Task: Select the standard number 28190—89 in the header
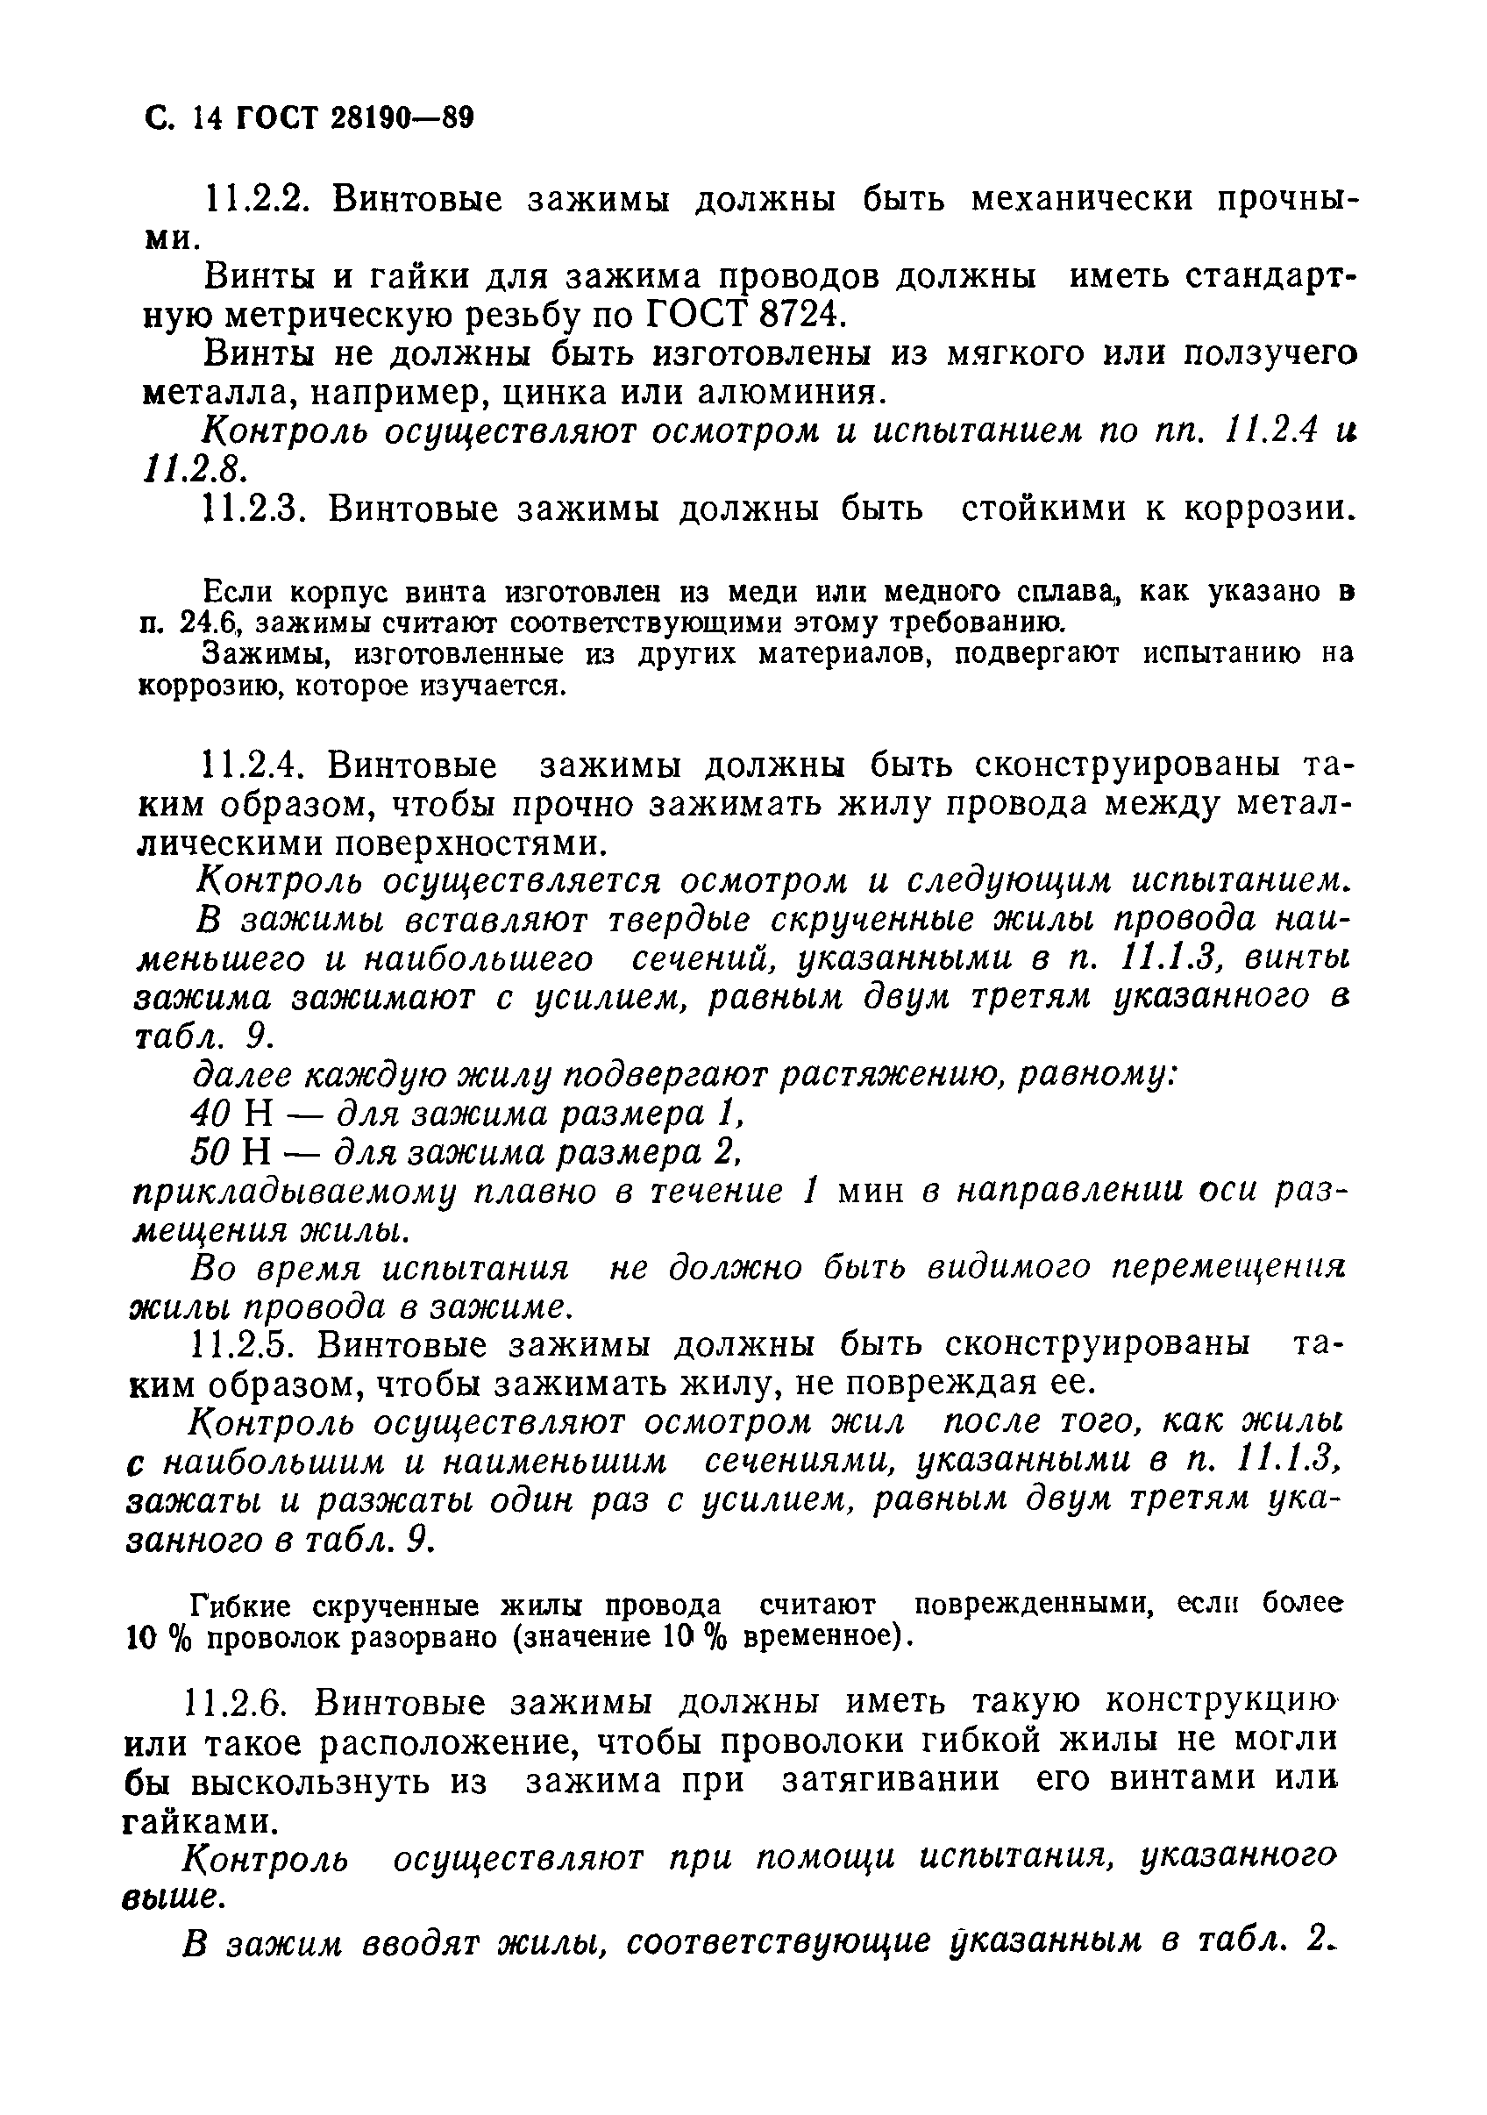coord(401,119)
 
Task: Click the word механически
coord(1082,199)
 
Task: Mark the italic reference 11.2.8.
coord(193,471)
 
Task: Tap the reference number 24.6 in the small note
coord(212,623)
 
